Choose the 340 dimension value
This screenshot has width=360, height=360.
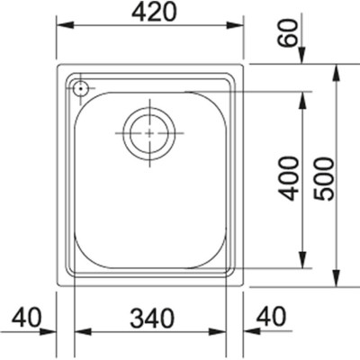(x=152, y=318)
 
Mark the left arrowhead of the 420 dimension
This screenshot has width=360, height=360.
(x=63, y=27)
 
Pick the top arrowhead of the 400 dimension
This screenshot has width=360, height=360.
(x=302, y=97)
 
